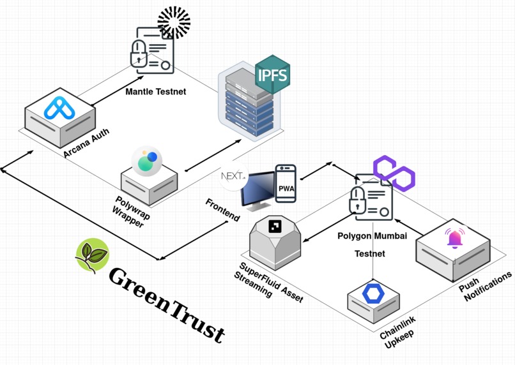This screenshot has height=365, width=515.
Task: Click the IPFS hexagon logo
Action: point(273,75)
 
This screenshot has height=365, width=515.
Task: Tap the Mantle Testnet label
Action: point(156,92)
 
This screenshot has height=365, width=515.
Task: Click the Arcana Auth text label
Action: point(86,143)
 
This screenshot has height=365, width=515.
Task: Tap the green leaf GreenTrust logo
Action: point(91,255)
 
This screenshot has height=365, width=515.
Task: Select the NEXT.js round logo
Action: point(233,177)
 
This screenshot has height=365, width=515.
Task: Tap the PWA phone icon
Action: point(286,183)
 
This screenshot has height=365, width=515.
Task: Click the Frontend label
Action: point(222,210)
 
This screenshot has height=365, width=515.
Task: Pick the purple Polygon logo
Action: point(394,173)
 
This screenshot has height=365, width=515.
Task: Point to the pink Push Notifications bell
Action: point(455,238)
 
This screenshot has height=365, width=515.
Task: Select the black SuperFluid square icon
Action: point(275,226)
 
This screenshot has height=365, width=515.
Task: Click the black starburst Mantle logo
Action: point(174,23)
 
